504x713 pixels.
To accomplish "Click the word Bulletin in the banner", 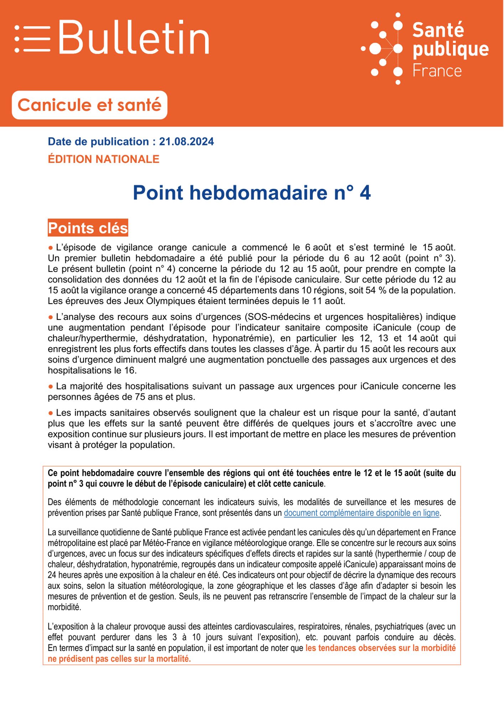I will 134,37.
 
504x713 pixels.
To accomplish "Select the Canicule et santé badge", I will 89,105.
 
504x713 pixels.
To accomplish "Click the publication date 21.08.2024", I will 186,142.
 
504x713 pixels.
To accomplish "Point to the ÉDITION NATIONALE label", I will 104,159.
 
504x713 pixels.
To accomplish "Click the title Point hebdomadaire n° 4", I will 251,193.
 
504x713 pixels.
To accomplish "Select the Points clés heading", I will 88,228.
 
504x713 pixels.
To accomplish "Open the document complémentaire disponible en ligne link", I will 361,513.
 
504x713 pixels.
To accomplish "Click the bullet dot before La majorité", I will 51,386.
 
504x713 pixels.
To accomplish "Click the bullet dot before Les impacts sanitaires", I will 51,413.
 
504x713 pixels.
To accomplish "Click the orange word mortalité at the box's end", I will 172,659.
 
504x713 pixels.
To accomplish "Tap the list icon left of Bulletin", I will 32,39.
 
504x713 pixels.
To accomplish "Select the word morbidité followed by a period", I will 64,607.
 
